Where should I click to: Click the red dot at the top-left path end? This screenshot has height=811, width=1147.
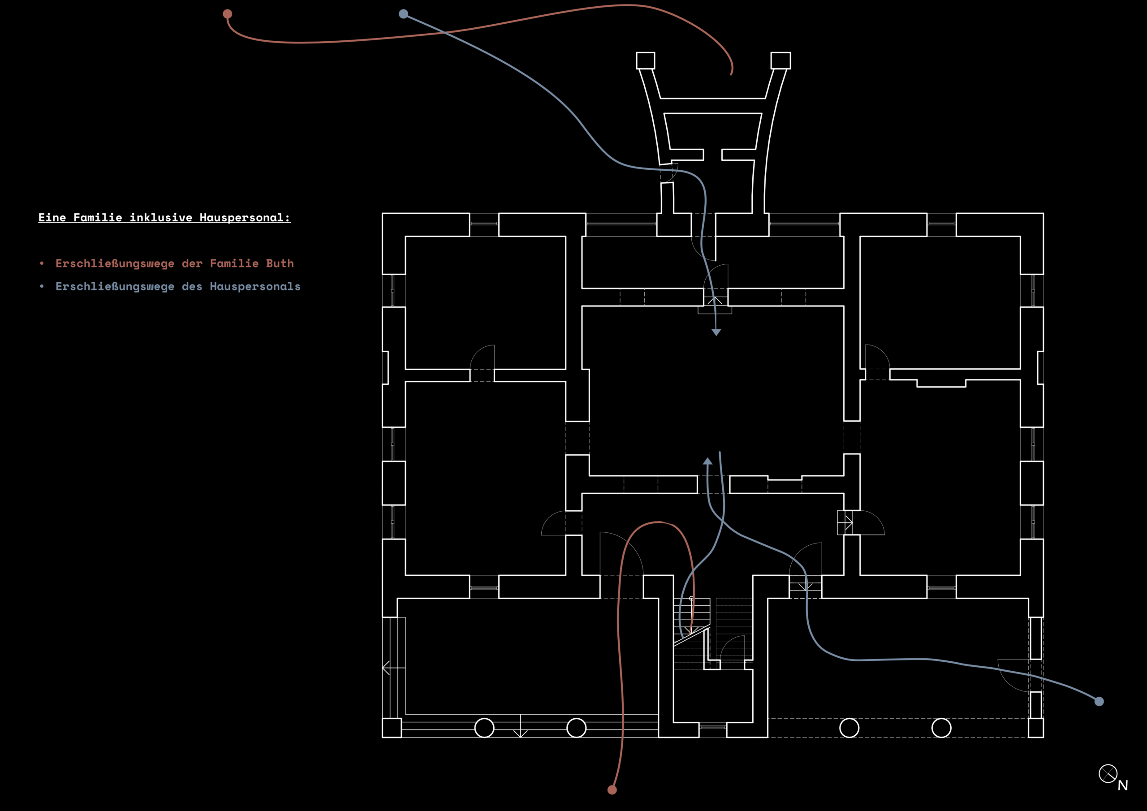click(227, 14)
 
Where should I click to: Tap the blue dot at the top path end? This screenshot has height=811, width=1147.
click(404, 14)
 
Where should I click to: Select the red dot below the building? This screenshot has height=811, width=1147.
click(612, 790)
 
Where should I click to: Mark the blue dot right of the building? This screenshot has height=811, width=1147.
click(1099, 702)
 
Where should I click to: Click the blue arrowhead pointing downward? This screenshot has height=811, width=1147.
click(716, 332)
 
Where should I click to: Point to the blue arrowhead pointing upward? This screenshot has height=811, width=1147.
click(707, 461)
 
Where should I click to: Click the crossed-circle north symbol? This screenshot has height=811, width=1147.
click(1108, 774)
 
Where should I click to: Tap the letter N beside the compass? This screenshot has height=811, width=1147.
click(1123, 785)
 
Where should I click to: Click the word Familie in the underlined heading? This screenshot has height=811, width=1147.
click(98, 217)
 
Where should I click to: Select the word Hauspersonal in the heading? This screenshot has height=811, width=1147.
click(244, 217)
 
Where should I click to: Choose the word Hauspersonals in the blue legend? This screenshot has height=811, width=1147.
click(255, 286)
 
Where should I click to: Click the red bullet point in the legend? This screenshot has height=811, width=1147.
click(42, 263)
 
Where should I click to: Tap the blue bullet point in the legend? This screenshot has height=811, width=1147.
click(42, 286)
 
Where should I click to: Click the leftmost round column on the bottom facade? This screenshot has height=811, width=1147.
click(484, 728)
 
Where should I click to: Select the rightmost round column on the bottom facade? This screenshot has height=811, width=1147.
click(941, 728)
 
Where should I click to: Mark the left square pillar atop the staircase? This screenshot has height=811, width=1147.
click(646, 60)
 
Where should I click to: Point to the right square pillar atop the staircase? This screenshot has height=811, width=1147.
click(781, 60)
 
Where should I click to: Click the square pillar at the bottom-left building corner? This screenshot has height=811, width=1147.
click(392, 728)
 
